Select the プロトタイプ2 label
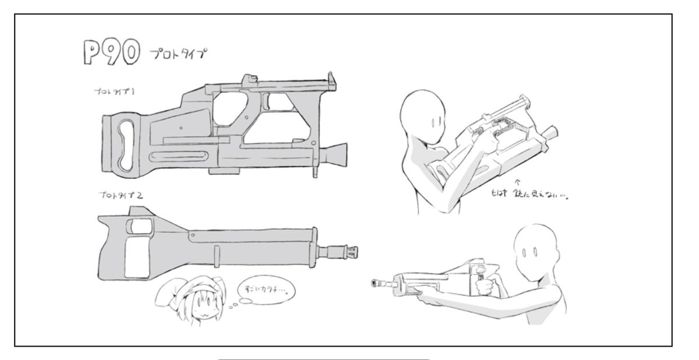[121, 195]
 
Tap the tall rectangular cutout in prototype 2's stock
[138, 256]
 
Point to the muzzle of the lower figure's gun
[376, 283]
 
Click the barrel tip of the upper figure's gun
[552, 130]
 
